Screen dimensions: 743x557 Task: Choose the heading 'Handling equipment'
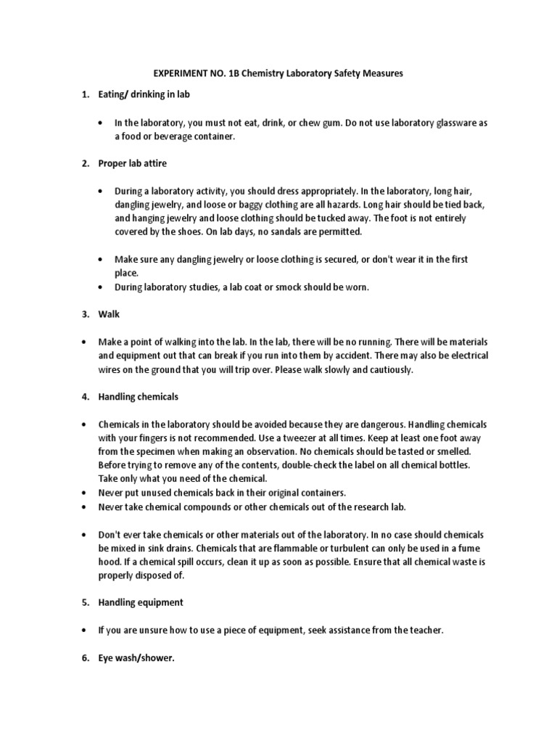click(x=141, y=602)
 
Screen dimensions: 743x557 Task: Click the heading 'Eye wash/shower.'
click(x=137, y=659)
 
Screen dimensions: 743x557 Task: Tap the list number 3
click(x=84, y=315)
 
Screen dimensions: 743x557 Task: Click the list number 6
click(x=84, y=659)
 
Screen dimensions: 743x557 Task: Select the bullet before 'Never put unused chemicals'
click(x=85, y=493)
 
